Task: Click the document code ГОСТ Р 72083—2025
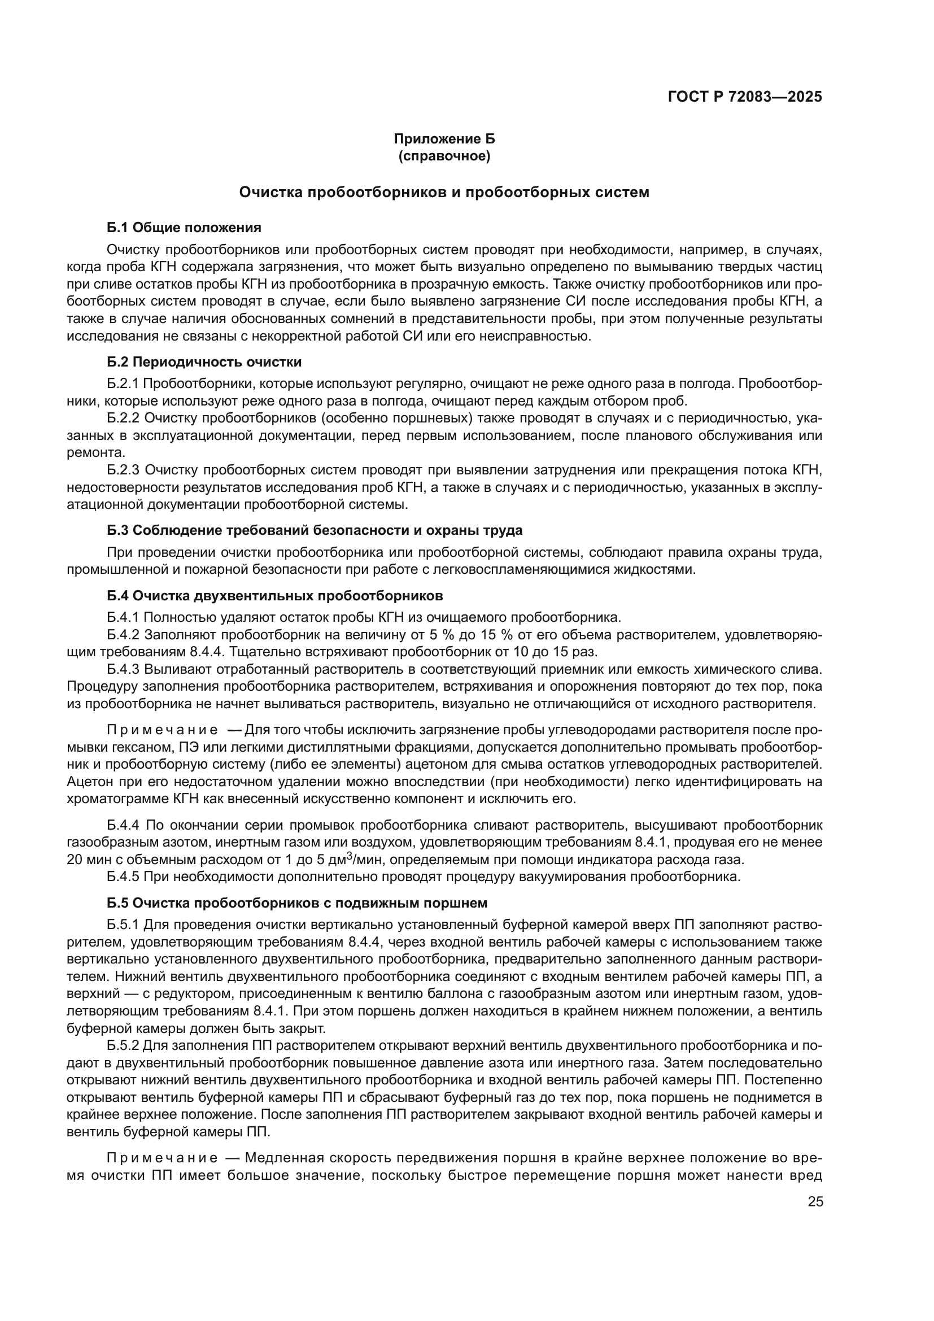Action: click(745, 97)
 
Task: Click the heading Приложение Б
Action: click(444, 139)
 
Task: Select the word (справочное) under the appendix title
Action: click(444, 156)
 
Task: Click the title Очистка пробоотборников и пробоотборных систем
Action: click(444, 192)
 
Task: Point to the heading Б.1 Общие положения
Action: click(184, 227)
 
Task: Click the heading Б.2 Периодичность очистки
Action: click(204, 362)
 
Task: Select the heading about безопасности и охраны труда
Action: click(315, 530)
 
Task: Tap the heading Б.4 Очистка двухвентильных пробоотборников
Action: click(275, 595)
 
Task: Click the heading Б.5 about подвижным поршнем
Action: click(297, 903)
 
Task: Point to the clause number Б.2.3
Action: click(123, 470)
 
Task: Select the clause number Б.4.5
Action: click(123, 877)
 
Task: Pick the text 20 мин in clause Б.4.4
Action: click(86, 860)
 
